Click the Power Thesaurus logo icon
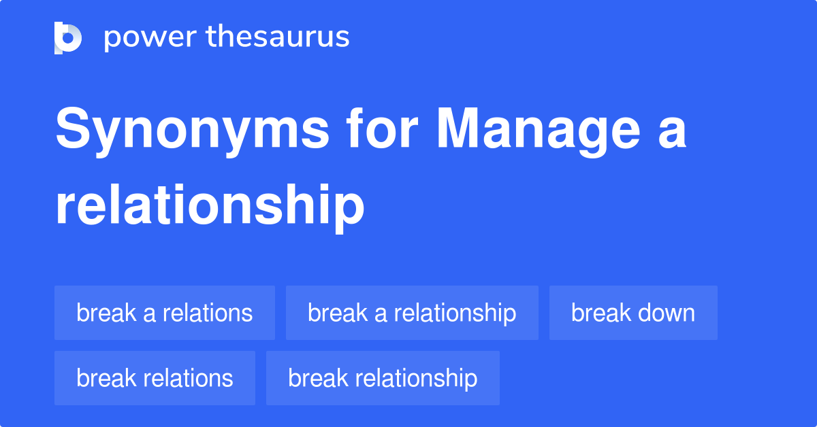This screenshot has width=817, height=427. point(68,37)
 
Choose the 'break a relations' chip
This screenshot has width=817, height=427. point(165,313)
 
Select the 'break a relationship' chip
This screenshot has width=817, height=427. point(412,313)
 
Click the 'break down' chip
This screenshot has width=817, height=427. point(633,313)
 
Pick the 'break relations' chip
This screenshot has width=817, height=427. point(155,378)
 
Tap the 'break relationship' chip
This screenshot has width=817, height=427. point(383,378)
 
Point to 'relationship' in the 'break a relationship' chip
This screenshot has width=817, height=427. point(455,313)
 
